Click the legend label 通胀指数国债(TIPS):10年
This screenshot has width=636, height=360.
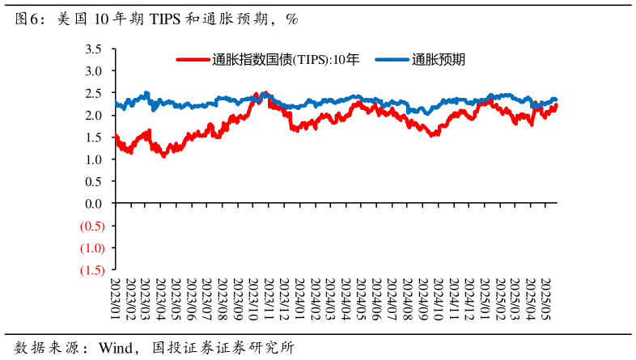[285, 59]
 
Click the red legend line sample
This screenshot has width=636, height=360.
[193, 59]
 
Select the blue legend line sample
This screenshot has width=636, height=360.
[392, 59]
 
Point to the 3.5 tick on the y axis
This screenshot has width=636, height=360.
[93, 49]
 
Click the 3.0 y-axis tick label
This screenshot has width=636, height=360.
[93, 71]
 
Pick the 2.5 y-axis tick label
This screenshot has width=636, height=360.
[93, 93]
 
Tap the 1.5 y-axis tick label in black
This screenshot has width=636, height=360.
[93, 138]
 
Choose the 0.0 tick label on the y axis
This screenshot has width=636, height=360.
[93, 204]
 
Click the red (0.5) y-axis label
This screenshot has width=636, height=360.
[91, 226]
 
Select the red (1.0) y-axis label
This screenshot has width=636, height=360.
[91, 248]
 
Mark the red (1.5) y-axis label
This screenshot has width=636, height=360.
[91, 270]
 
